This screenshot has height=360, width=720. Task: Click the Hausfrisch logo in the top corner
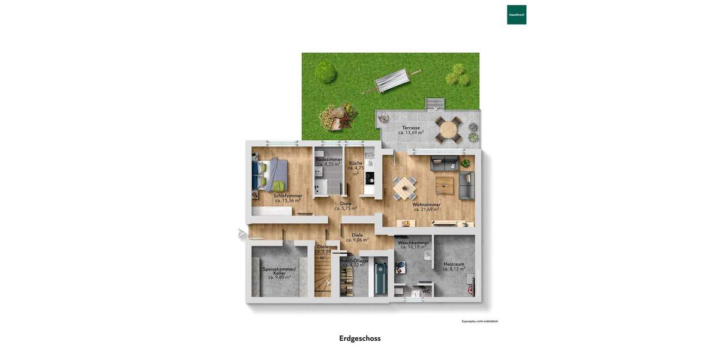[x=517, y=14]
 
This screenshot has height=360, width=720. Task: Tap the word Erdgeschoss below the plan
[x=360, y=338]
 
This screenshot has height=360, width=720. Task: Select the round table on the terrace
[x=448, y=129]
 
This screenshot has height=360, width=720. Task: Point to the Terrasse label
[x=411, y=128]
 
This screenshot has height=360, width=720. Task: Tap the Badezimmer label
[x=329, y=159]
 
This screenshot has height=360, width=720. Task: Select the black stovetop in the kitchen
[x=370, y=178]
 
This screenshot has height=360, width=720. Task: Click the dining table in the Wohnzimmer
[x=404, y=188]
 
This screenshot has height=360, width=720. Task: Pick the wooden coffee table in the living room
[x=445, y=184]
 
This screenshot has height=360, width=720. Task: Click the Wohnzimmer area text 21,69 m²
[x=427, y=209]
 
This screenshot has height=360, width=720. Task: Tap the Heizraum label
[x=454, y=264]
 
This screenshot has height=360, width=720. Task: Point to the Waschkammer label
[x=413, y=243]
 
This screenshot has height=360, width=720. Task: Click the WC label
[x=426, y=292]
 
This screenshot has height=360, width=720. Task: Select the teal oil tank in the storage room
[x=380, y=278]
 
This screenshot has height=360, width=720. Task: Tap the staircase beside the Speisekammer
[x=322, y=276]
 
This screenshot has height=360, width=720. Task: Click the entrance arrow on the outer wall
[x=241, y=233]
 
